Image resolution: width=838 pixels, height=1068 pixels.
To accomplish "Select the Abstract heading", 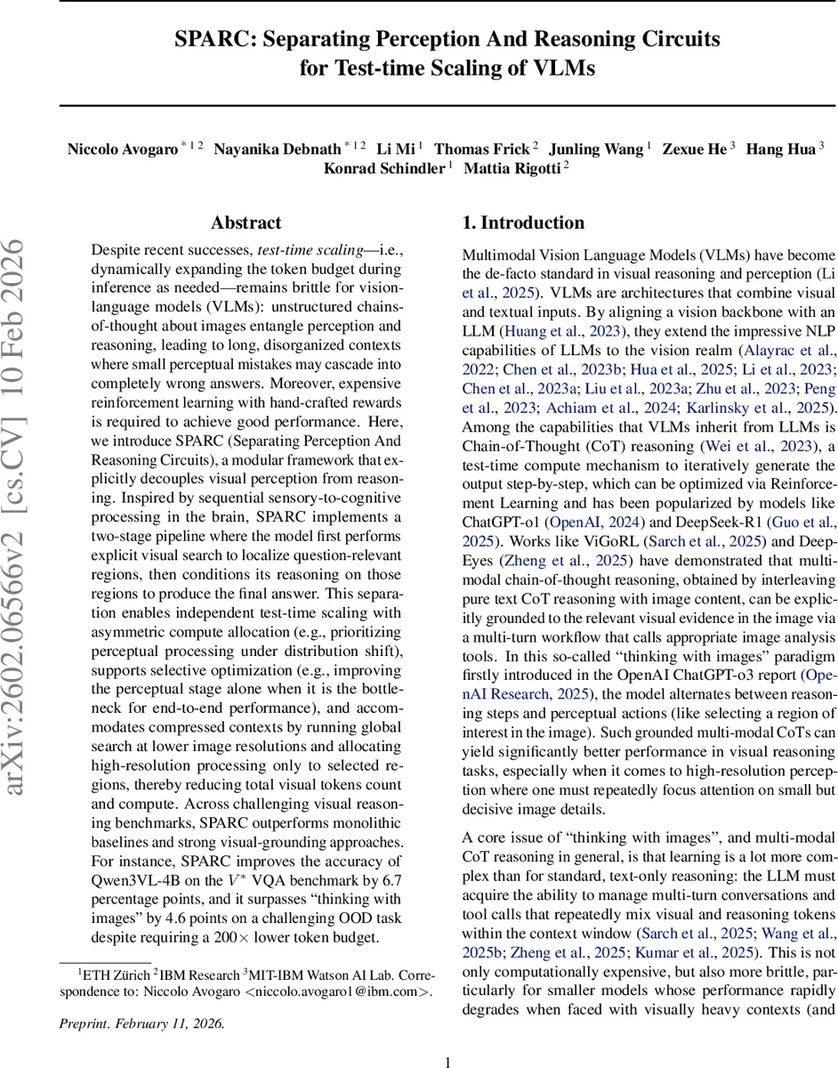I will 246,222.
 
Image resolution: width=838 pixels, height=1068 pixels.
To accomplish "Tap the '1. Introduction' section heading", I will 523,222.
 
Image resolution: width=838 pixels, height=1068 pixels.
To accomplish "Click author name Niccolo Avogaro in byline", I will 122,149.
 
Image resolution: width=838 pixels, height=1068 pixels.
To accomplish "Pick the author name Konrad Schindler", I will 383,168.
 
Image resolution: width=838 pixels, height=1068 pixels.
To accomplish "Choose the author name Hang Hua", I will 780,149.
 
